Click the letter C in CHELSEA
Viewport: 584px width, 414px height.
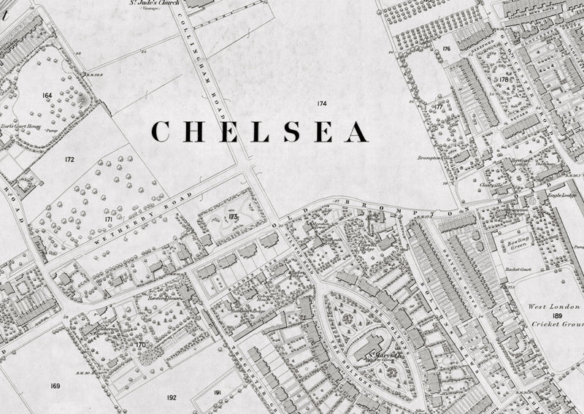point(161,131)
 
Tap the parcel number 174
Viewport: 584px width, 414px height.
point(321,104)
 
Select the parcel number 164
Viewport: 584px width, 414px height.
point(47,96)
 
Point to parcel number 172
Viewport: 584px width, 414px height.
point(69,159)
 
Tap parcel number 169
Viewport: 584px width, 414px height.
point(55,385)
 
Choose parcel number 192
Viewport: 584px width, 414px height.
point(172,396)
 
